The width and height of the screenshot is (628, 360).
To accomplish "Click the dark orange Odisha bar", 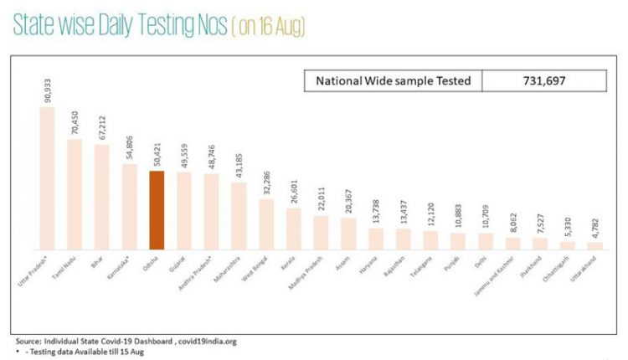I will (x=157, y=210).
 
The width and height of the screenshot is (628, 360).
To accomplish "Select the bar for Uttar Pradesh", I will (x=47, y=177).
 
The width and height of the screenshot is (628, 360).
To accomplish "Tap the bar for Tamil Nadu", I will (x=75, y=194).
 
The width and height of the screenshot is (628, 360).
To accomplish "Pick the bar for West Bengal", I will (x=266, y=224).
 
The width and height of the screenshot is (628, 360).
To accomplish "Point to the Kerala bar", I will (x=294, y=229).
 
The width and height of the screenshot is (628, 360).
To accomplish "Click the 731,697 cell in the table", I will (x=544, y=80).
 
